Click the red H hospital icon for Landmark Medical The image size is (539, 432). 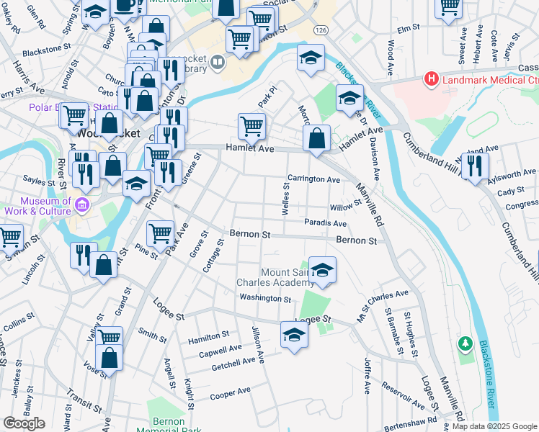[x=432, y=78]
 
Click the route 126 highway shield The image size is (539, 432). [x=320, y=30]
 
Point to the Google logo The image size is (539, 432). [x=24, y=423]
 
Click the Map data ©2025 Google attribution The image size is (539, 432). [x=494, y=426]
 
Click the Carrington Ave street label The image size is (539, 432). [x=313, y=179]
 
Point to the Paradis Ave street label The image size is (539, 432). [x=325, y=223]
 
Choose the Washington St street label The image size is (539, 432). [x=265, y=298]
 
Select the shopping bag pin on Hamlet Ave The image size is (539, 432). [x=316, y=138]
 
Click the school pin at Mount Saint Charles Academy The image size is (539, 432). [x=323, y=269]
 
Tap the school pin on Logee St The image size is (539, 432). [x=293, y=334]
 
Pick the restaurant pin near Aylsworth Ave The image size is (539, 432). [x=475, y=165]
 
